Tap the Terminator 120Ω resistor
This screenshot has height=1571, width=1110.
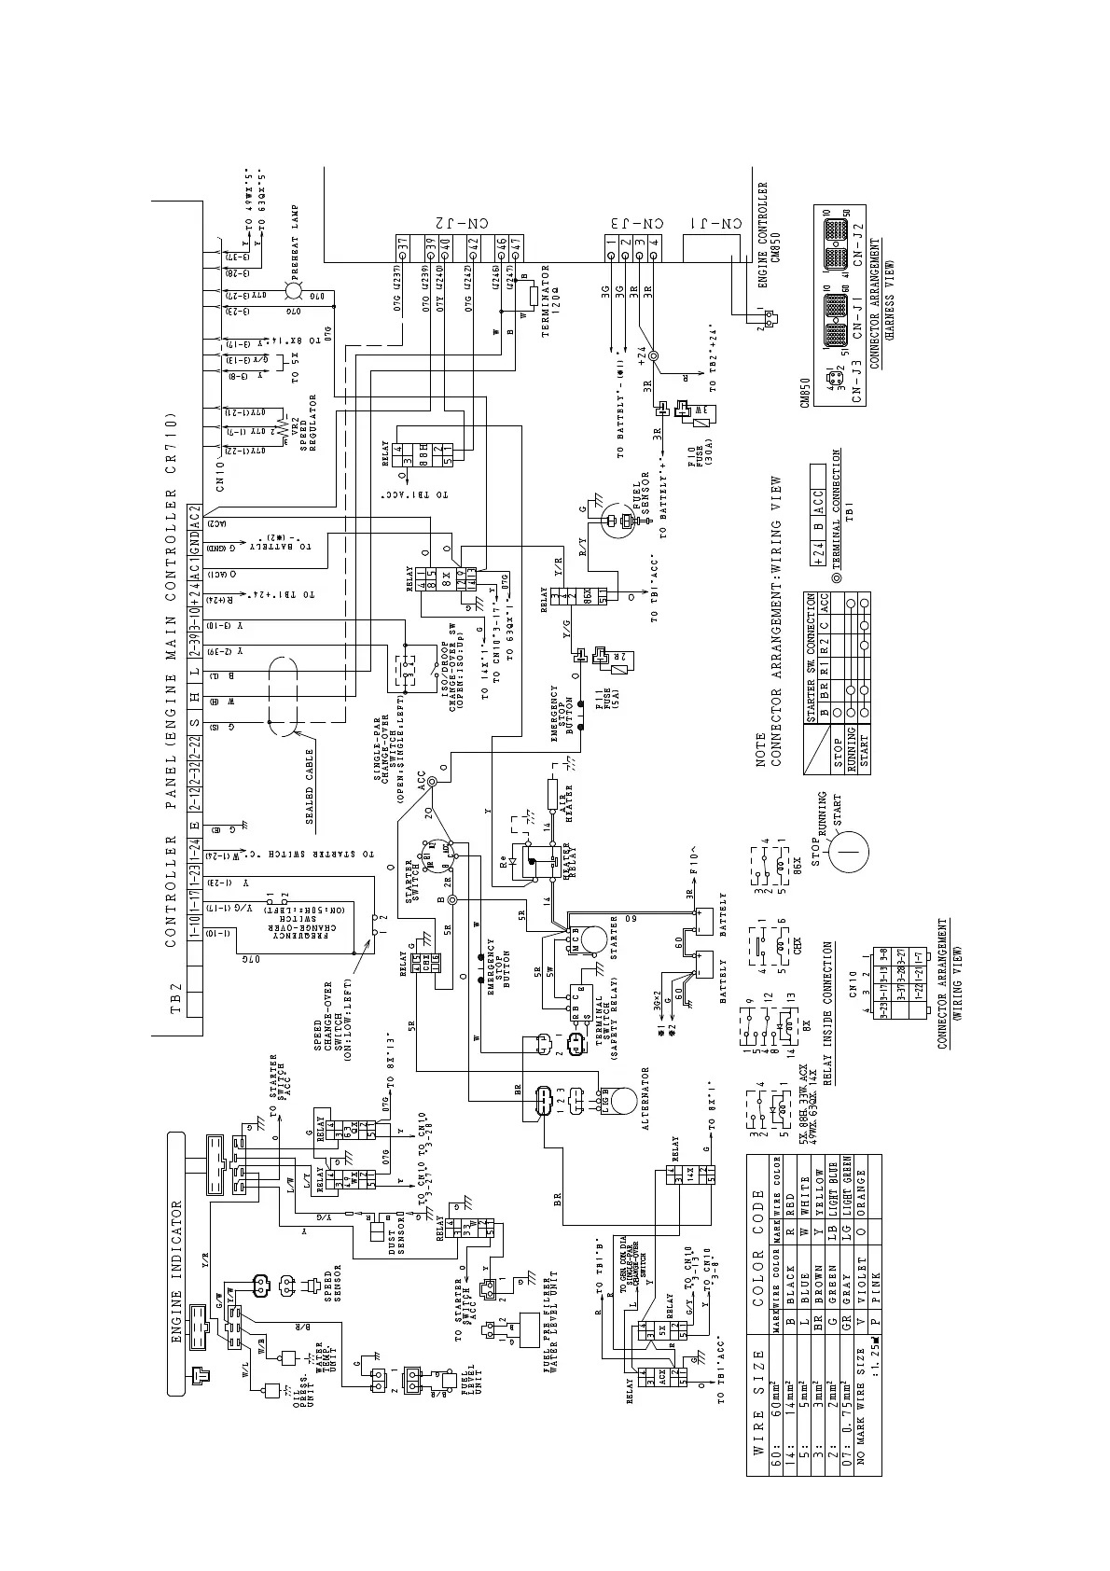pos(532,296)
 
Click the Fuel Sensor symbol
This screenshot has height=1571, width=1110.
pos(611,523)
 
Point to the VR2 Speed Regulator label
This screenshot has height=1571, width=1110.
pos(304,425)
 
